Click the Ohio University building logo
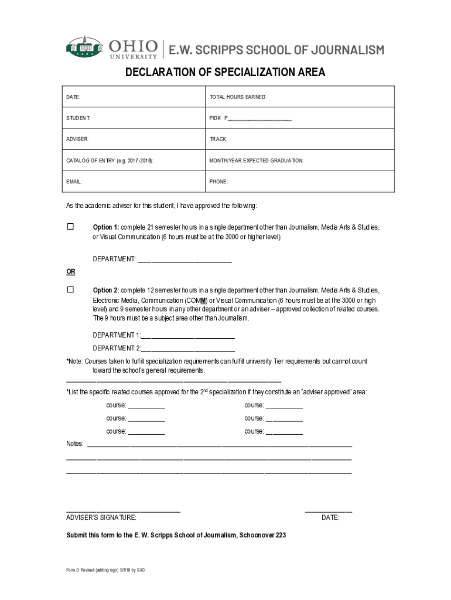[x=84, y=47]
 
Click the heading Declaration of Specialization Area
[x=225, y=73]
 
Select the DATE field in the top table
[x=73, y=97]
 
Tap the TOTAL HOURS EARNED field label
[x=238, y=97]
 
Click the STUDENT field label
[x=78, y=118]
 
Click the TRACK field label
[x=218, y=139]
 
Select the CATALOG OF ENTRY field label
[x=110, y=161]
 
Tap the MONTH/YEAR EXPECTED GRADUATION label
[x=257, y=161]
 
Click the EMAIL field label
[x=74, y=182]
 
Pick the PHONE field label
[x=218, y=182]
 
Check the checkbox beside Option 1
[x=70, y=226]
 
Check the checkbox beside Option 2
[x=70, y=289]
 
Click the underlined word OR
[x=70, y=272]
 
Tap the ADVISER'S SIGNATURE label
[x=101, y=517]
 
